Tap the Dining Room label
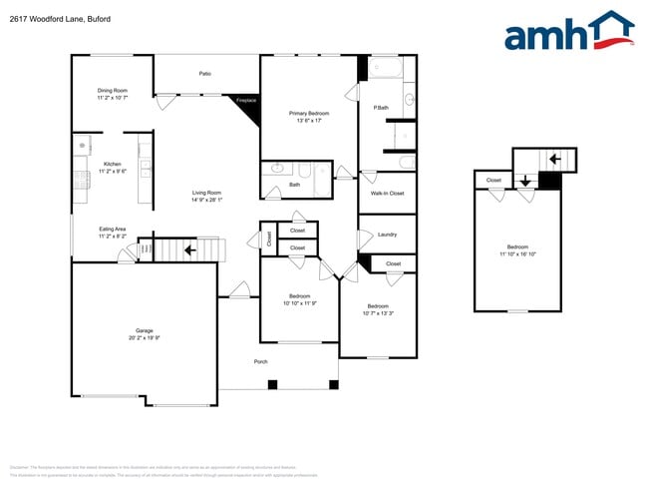tap(112, 91)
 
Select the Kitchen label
tap(112, 165)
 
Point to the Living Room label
tap(206, 193)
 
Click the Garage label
tap(145, 330)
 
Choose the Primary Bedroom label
tap(309, 114)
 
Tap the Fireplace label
tap(245, 101)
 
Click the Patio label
tap(204, 73)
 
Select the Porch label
tap(260, 361)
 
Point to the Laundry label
tap(387, 235)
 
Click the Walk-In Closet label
tap(387, 193)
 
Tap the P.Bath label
tap(381, 108)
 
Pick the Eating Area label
tap(112, 230)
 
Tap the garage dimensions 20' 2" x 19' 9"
tap(145, 337)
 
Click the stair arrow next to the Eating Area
tap(188, 248)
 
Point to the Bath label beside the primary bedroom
tap(295, 185)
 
